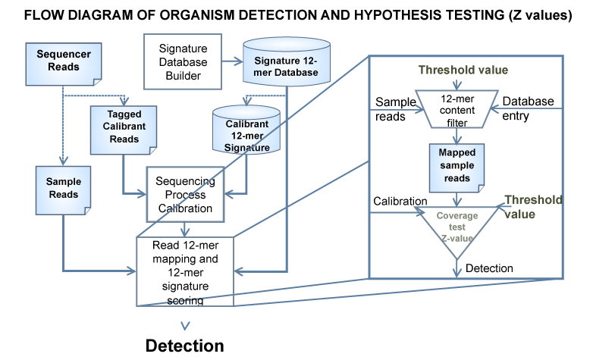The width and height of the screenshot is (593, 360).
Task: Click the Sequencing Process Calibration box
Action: pyautogui.click(x=184, y=195)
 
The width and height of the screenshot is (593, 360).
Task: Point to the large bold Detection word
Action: pyautogui.click(x=184, y=346)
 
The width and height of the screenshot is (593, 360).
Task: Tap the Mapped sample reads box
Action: pyautogui.click(x=457, y=167)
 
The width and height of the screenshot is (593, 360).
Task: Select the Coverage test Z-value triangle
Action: pyautogui.click(x=457, y=227)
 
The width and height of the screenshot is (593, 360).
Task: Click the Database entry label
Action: pyautogui.click(x=528, y=108)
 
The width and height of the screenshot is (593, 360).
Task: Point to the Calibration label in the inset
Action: pyautogui.click(x=400, y=200)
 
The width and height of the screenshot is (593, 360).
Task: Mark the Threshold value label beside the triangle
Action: pyautogui.click(x=532, y=207)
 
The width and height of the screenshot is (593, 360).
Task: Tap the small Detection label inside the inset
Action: pyautogui.click(x=489, y=268)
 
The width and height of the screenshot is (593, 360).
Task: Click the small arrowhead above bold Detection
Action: pyautogui.click(x=184, y=323)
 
